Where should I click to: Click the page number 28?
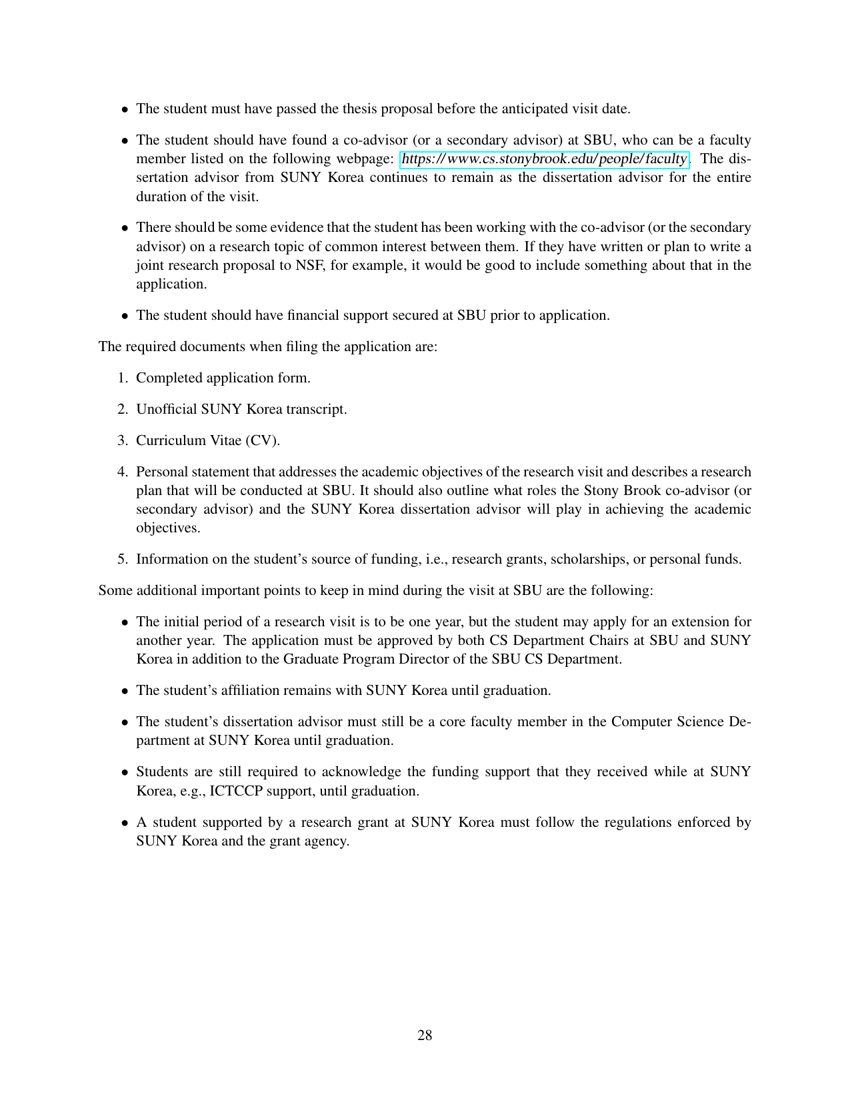[425, 1035]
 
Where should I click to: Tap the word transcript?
[317, 409]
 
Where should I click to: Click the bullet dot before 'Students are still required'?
[125, 773]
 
